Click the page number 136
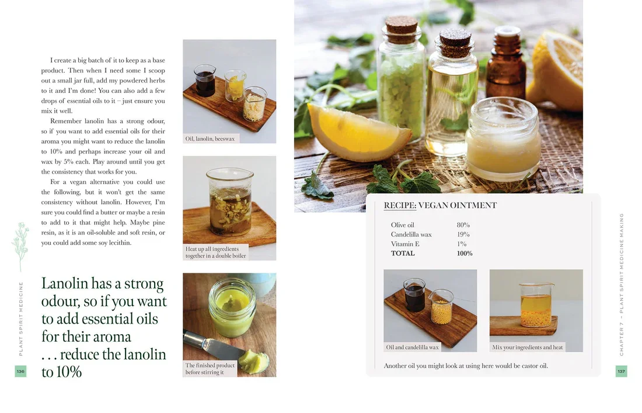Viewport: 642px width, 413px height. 20,371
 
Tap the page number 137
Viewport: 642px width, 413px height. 621,371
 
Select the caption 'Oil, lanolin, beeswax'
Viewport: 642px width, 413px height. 210,138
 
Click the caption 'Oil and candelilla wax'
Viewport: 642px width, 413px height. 412,347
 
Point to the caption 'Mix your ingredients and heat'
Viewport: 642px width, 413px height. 528,347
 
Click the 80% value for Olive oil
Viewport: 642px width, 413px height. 463,225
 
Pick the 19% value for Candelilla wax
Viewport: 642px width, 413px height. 463,234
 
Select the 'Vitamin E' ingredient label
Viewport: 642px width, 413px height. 405,244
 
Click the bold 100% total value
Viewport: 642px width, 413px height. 465,253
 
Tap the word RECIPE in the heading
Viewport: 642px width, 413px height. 400,205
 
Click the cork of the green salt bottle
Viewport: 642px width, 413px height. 402,29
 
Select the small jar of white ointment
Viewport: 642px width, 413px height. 504,138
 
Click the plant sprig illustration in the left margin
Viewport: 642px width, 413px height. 20,247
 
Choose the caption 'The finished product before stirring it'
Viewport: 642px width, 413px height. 210,369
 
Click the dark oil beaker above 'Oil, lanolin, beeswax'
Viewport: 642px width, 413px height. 204,80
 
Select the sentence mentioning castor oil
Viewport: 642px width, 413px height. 466,366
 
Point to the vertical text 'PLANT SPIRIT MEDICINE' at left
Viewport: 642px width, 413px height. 21,319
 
